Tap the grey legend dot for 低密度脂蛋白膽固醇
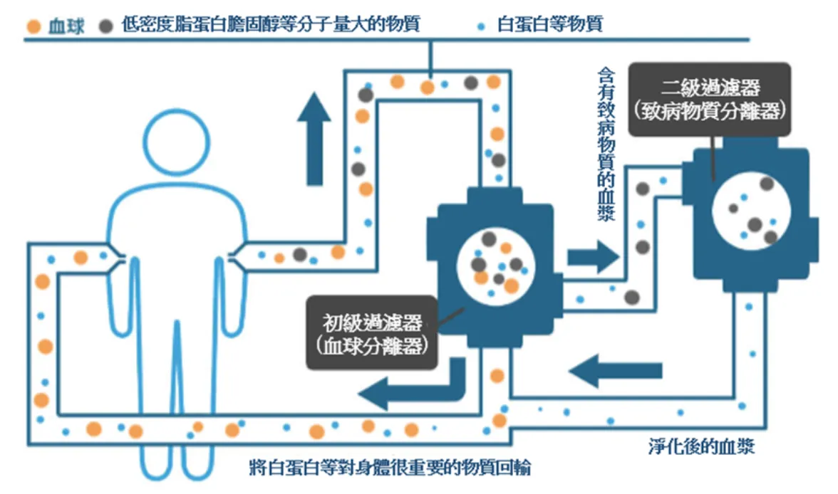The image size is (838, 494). point(106,26)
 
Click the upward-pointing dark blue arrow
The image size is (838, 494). point(314,140)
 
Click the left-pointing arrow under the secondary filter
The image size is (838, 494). point(616,371)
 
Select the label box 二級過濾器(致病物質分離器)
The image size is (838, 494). point(710,99)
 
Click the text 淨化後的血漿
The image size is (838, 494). point(701,448)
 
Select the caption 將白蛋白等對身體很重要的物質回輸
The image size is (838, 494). point(390,468)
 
